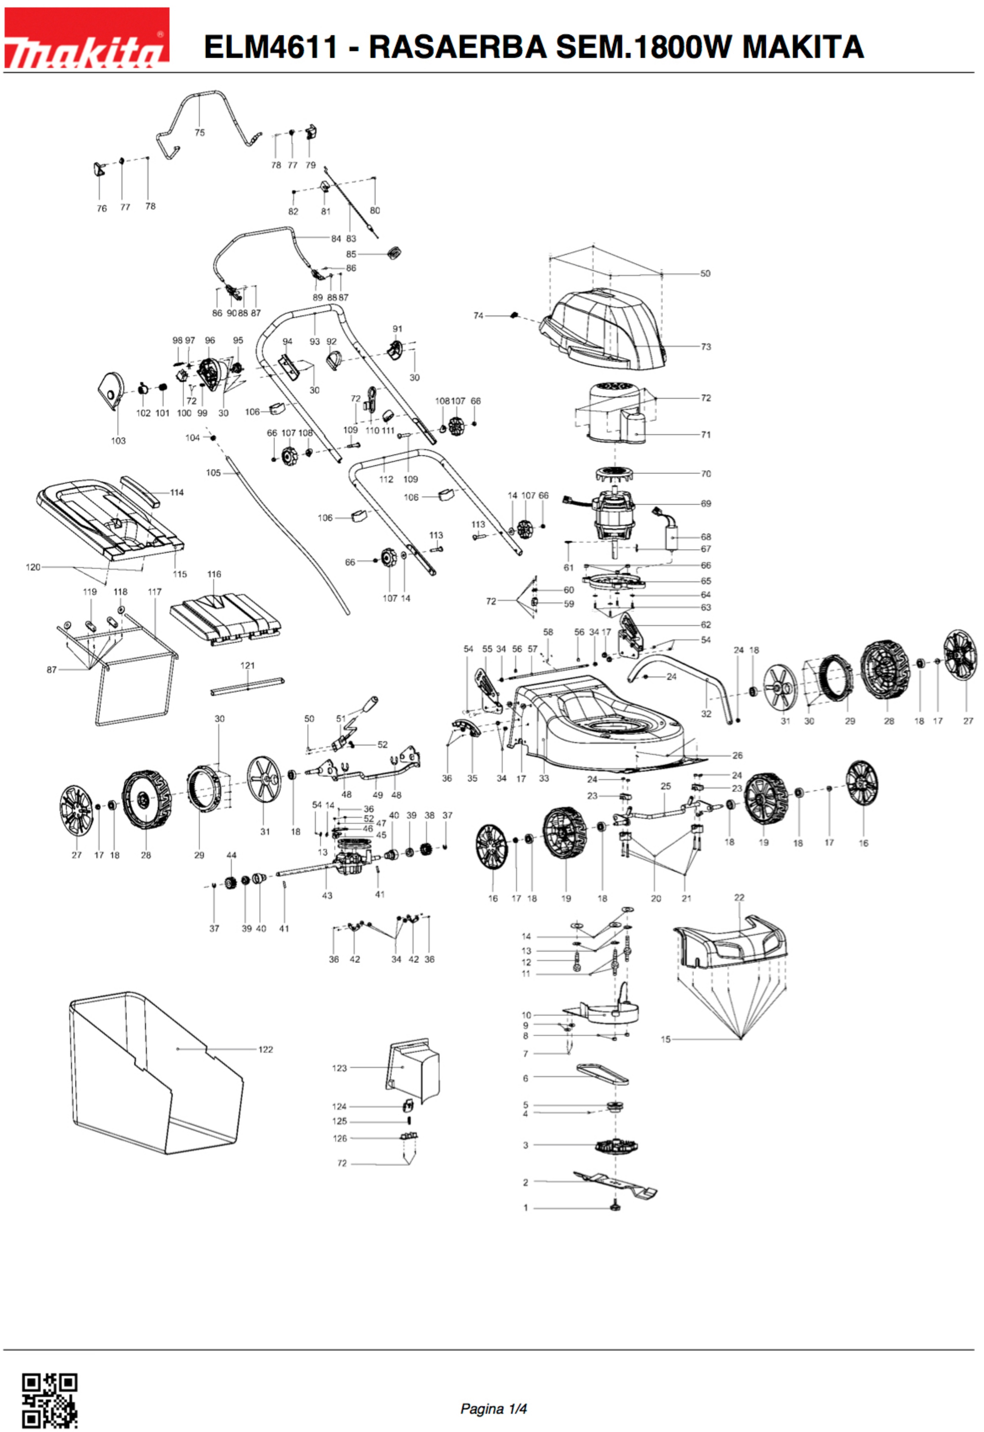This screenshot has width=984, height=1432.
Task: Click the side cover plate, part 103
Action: pyautogui.click(x=111, y=390)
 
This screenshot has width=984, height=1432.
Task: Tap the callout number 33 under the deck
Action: pyautogui.click(x=543, y=778)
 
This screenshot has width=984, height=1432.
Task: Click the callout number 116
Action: pyautogui.click(x=214, y=574)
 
